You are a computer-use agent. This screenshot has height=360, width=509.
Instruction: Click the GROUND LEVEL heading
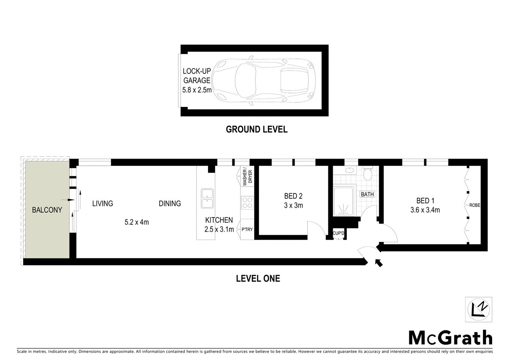[256, 129]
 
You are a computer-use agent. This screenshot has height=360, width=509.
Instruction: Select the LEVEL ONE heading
[258, 278]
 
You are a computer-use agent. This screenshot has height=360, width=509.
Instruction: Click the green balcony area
[47, 210]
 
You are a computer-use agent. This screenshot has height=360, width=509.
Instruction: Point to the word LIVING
[103, 203]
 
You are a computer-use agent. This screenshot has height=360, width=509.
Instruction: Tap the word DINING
[170, 203]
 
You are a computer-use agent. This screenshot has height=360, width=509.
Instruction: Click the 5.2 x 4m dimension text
[137, 222]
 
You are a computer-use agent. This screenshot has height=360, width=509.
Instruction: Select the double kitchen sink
[207, 198]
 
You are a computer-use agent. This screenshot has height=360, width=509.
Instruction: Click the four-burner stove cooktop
[247, 202]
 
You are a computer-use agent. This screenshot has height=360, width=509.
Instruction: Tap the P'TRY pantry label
[247, 229]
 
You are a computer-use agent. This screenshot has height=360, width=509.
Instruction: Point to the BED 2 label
[293, 196]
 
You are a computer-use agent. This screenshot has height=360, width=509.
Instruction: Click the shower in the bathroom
[344, 202]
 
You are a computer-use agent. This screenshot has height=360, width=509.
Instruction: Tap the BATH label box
[367, 194]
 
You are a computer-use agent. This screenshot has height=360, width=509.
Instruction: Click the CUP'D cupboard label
[338, 233]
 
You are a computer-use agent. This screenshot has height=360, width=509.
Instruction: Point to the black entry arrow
[379, 263]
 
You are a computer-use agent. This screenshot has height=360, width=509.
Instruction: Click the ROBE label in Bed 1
[475, 205]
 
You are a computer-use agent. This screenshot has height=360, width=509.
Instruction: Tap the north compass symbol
[479, 309]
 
